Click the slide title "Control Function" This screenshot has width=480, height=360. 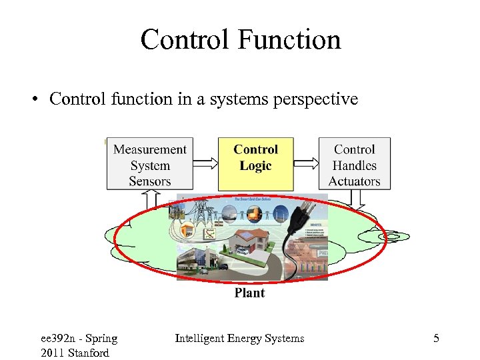click(240, 39)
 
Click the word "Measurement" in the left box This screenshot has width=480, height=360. click(149, 149)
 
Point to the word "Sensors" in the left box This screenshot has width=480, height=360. click(149, 181)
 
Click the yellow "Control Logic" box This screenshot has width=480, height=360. click(255, 163)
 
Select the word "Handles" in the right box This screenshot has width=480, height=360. click(354, 165)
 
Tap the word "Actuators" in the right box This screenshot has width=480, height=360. click(354, 181)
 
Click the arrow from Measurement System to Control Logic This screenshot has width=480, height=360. click(205, 163)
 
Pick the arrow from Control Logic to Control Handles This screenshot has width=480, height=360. click(305, 163)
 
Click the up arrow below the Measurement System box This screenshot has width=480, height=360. click(151, 199)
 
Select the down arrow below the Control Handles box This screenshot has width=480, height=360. click(356, 199)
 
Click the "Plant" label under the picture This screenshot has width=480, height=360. click(249, 293)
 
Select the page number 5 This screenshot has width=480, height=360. click(436, 339)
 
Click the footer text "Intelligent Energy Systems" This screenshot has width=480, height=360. click(239, 339)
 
